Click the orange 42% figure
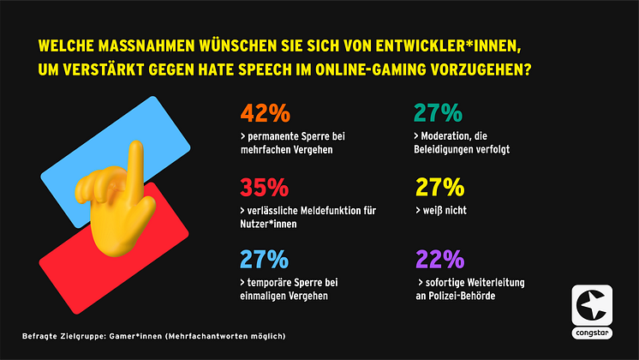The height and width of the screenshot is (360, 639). (266, 113)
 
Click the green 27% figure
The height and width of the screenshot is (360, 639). (440, 113)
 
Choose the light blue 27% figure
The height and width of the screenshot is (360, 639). (266, 258)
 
